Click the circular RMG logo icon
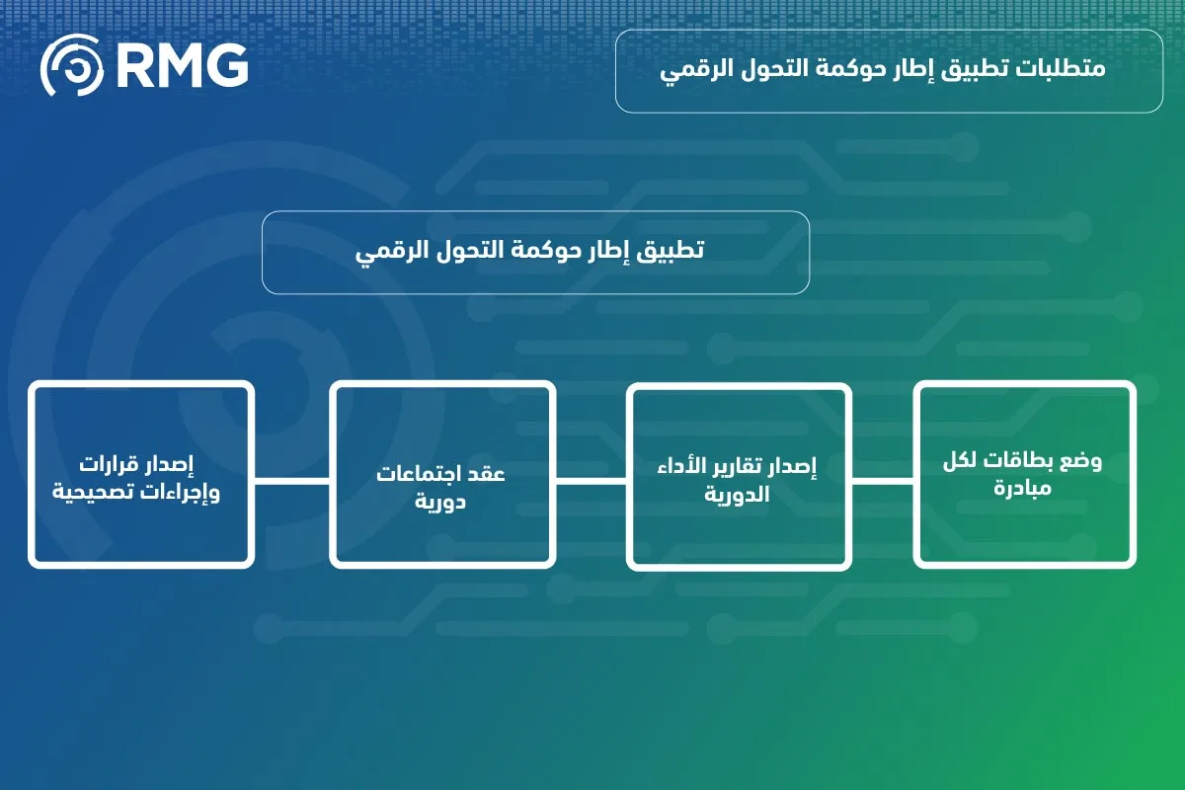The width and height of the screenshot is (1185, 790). tap(71, 66)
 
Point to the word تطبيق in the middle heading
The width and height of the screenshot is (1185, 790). tap(671, 251)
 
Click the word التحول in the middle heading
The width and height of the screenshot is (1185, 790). tap(462, 251)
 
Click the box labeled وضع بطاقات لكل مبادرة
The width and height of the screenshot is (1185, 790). tap(1025, 475)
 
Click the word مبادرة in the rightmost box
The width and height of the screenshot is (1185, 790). tap(1024, 489)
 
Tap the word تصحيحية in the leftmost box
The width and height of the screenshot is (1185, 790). tap(99, 491)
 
